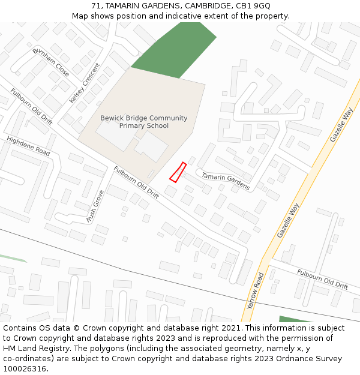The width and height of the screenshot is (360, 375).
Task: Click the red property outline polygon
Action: pyautogui.click(x=178, y=172)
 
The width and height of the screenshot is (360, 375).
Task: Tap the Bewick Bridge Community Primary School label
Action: pyautogui.click(x=144, y=122)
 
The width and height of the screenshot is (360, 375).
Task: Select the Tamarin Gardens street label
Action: pyautogui.click(x=225, y=181)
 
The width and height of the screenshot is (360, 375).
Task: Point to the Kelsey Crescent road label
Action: pyautogui.click(x=84, y=83)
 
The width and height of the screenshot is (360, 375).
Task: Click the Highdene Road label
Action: pyautogui.click(x=28, y=146)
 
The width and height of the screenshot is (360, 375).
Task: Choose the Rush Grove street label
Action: pyautogui.click(x=95, y=206)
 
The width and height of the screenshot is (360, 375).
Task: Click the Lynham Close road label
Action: pyautogui.click(x=51, y=62)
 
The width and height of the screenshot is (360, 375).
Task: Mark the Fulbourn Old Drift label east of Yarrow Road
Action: pyautogui.click(x=322, y=279)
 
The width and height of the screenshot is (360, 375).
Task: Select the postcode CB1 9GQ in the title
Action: pyautogui.click(x=253, y=5)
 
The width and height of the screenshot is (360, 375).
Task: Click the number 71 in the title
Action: pyautogui.click(x=96, y=5)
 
